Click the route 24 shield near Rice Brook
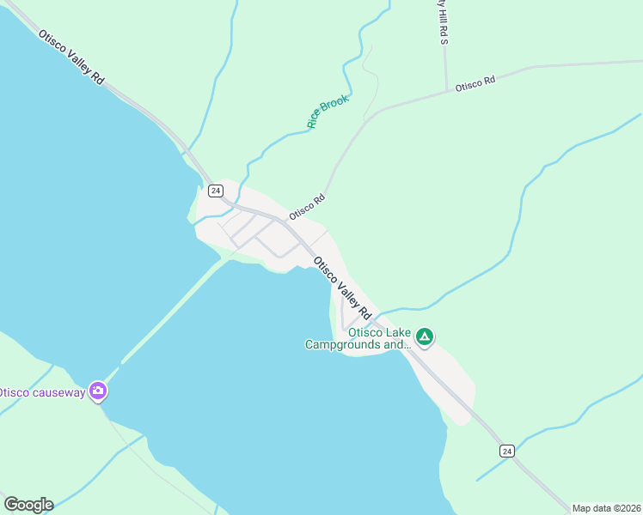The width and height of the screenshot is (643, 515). click(215, 191)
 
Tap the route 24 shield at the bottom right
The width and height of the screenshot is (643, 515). click(507, 451)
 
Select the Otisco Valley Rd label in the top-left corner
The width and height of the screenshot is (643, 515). click(71, 58)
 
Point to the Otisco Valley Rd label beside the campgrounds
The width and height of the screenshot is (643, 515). click(342, 287)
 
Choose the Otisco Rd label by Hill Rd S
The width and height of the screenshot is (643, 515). click(475, 84)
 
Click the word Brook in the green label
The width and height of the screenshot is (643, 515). click(335, 105)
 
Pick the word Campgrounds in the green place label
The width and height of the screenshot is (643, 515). click(342, 345)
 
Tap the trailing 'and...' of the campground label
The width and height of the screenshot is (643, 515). click(397, 345)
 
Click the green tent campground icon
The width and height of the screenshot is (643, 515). click(424, 337)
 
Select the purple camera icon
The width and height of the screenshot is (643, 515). click(98, 391)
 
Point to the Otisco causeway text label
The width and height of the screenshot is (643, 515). click(41, 392)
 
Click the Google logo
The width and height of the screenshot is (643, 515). click(28, 505)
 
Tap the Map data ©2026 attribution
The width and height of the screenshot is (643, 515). click(606, 508)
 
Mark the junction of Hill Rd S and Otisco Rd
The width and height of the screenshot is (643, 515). click(445, 89)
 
